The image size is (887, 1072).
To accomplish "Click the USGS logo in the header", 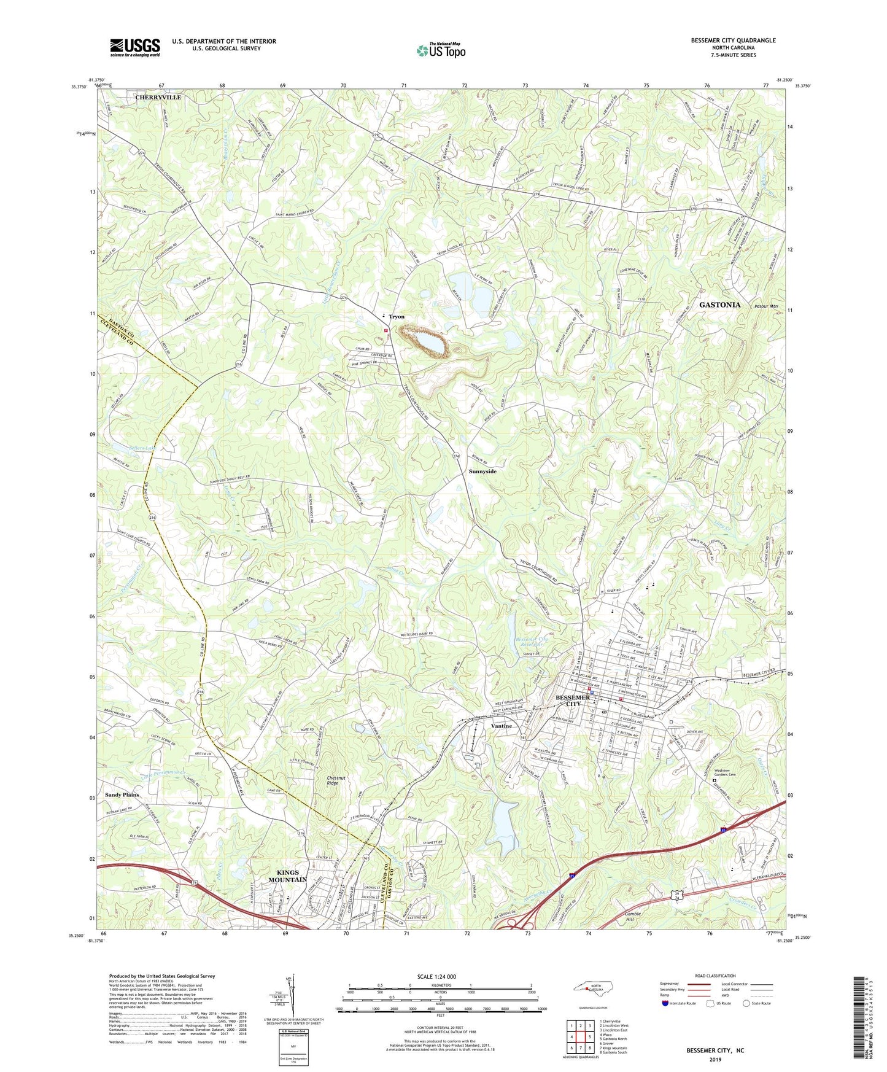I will pos(135,47).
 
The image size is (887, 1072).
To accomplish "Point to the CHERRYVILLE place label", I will pos(158,98).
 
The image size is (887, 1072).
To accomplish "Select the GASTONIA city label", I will pos(719,305).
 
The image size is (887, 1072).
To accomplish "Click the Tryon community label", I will pos(396,317).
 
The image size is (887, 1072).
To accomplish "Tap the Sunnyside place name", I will pos(482,472).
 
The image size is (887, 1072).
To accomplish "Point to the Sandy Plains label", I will pos(122,794).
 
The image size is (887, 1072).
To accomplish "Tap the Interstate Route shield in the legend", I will pos(666,1003).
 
